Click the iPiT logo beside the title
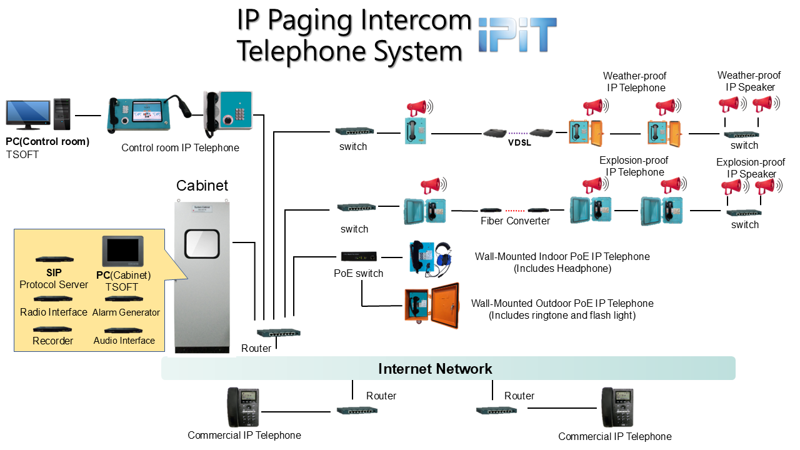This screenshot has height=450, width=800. [x=517, y=35]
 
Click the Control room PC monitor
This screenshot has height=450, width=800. [x=28, y=114]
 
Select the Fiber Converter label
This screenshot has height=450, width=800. [x=515, y=221]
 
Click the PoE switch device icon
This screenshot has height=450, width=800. [x=359, y=256]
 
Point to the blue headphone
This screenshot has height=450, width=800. [x=444, y=256]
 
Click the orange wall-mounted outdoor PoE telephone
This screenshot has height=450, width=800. [x=431, y=306]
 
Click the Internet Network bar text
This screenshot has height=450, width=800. [x=435, y=369]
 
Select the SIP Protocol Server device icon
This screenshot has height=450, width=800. [x=53, y=259]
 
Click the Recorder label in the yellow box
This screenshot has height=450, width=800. [x=53, y=341]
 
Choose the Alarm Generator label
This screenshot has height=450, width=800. [x=126, y=312]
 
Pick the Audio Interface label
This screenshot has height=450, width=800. [x=124, y=341]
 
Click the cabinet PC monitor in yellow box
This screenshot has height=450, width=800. [x=122, y=251]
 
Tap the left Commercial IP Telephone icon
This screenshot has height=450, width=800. [x=243, y=407]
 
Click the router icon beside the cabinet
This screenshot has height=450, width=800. [x=278, y=333]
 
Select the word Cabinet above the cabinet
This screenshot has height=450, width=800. [x=202, y=186]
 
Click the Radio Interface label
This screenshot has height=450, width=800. [x=53, y=312]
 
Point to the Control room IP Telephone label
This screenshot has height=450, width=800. [x=180, y=148]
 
